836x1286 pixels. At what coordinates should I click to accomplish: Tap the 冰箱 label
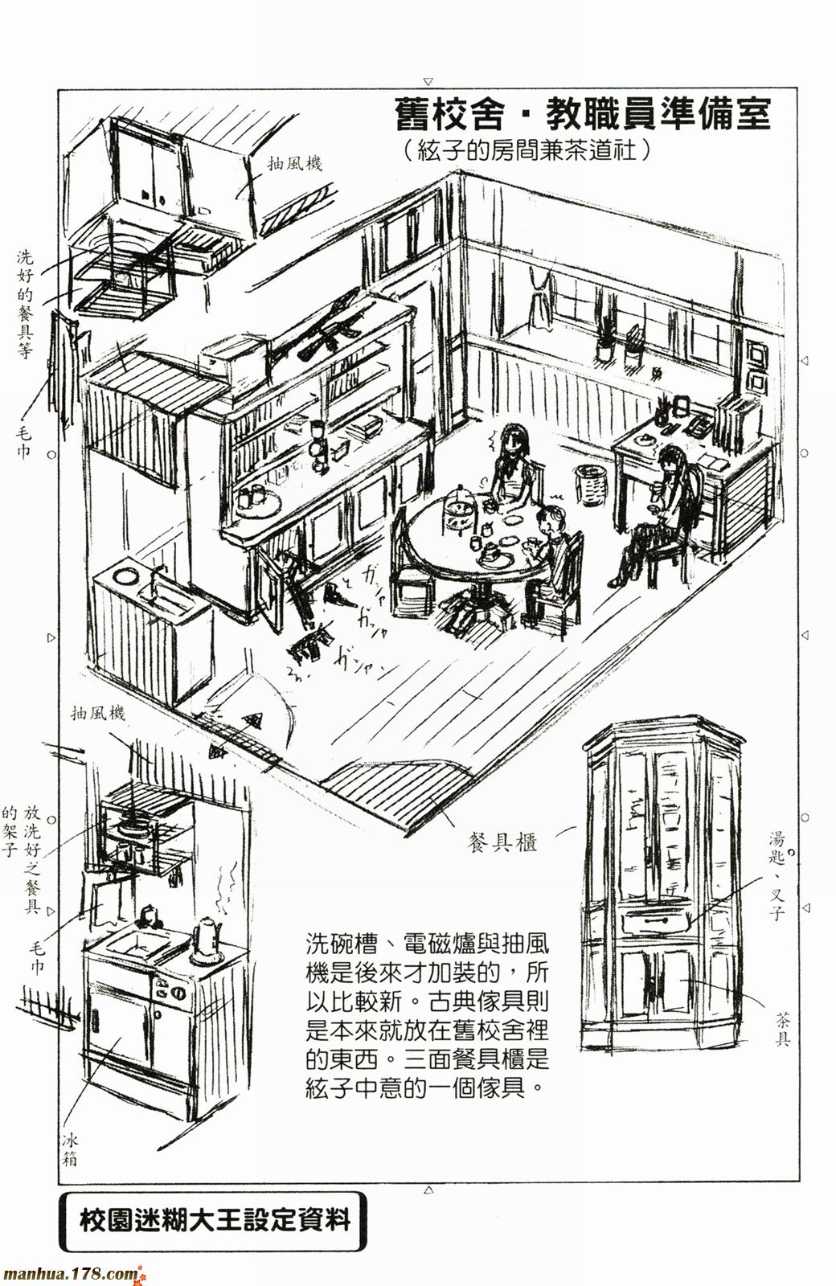click(70, 1150)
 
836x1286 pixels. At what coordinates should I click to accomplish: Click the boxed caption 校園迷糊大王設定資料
click(215, 1221)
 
